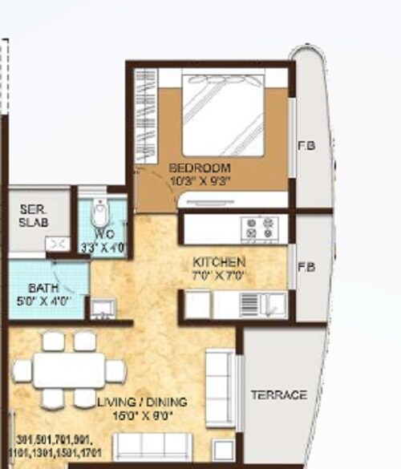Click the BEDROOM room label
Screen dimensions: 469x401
(x=200, y=168)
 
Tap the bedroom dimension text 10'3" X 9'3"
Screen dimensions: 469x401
(x=200, y=181)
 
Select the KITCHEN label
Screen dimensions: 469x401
(x=219, y=262)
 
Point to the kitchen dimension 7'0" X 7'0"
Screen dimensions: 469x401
(x=219, y=275)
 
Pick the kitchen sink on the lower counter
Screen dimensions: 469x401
(x=273, y=305)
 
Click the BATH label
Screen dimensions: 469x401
(x=41, y=287)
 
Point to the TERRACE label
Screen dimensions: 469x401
(x=278, y=395)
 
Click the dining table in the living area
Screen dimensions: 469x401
(x=67, y=370)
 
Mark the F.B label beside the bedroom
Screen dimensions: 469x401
(x=306, y=146)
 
